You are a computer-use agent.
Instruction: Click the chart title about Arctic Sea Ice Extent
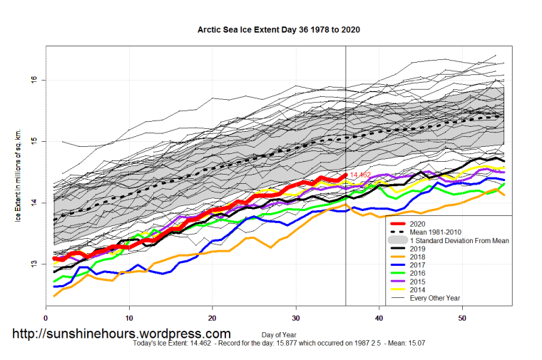point(278,31)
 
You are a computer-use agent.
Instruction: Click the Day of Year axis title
point(278,334)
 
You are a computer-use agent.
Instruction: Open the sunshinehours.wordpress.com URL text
point(122,334)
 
